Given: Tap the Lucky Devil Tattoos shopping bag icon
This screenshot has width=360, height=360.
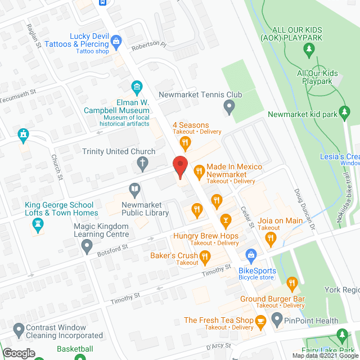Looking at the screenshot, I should pos(116,40).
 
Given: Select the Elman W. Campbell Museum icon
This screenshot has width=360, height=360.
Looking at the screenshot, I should pos(136,87).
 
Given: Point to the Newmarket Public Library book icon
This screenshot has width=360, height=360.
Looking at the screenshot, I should pos(134,188).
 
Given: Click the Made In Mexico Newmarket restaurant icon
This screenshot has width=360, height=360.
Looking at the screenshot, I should pos(198,170).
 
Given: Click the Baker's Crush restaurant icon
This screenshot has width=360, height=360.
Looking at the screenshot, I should pos(205,258).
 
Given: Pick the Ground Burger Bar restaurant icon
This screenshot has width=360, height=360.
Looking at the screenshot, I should pos(291,283).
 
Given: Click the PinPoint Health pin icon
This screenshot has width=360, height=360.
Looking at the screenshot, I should pos(276,319).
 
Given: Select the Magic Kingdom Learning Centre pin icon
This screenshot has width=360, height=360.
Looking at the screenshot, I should pos(86,245).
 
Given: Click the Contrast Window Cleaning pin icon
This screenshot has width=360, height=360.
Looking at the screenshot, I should pos(18,328).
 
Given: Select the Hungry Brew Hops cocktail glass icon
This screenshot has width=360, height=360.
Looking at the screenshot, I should pos(226,219).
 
